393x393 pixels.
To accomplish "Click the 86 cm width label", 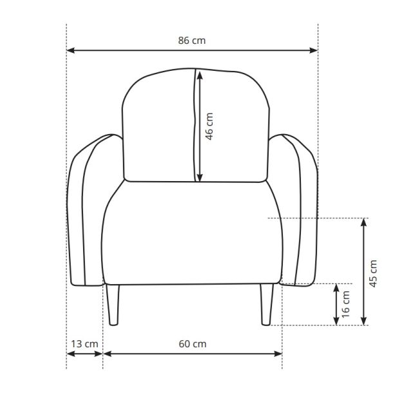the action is click(x=192, y=41).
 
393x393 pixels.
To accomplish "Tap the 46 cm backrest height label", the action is click(x=209, y=126).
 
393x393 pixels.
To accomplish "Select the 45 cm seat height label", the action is click(x=373, y=273).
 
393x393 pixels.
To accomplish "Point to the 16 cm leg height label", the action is click(x=345, y=304).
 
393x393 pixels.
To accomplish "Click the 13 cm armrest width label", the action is click(x=84, y=344).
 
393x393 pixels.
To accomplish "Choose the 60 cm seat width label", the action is click(x=193, y=344).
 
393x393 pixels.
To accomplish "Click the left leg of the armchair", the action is click(x=113, y=305).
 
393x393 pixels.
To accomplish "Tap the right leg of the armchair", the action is click(x=267, y=305).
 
